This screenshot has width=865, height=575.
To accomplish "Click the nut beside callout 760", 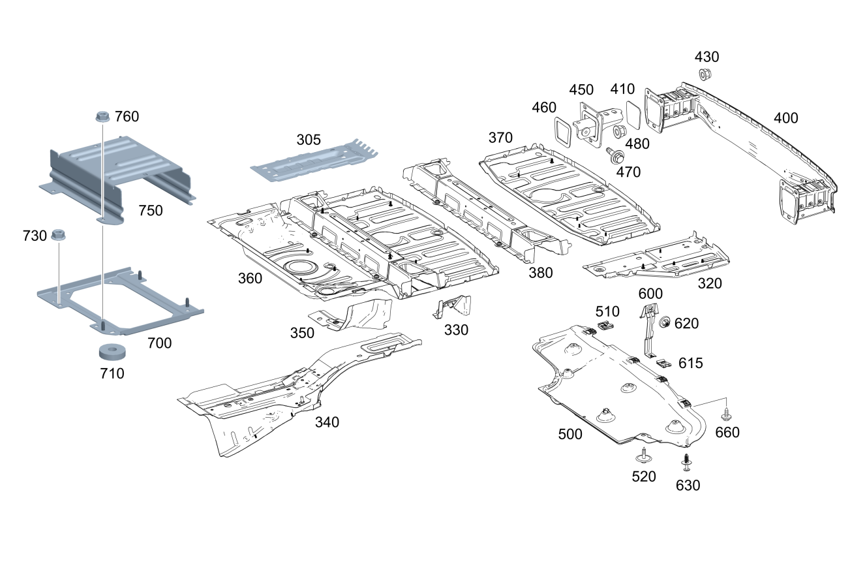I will [x=101, y=117].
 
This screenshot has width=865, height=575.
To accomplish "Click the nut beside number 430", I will [x=705, y=74].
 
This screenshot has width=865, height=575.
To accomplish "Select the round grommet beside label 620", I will [x=665, y=322].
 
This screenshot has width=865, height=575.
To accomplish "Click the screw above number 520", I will [x=643, y=454].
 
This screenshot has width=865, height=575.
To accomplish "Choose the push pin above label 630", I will [x=687, y=463].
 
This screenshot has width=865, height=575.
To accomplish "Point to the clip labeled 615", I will [x=665, y=363].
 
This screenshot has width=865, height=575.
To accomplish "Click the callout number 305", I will [x=309, y=140].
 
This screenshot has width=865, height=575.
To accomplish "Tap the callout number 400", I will [x=786, y=118].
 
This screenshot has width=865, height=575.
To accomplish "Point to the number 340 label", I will [x=327, y=422].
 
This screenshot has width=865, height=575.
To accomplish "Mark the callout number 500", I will [x=570, y=435].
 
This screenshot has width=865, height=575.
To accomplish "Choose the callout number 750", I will [x=151, y=211].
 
